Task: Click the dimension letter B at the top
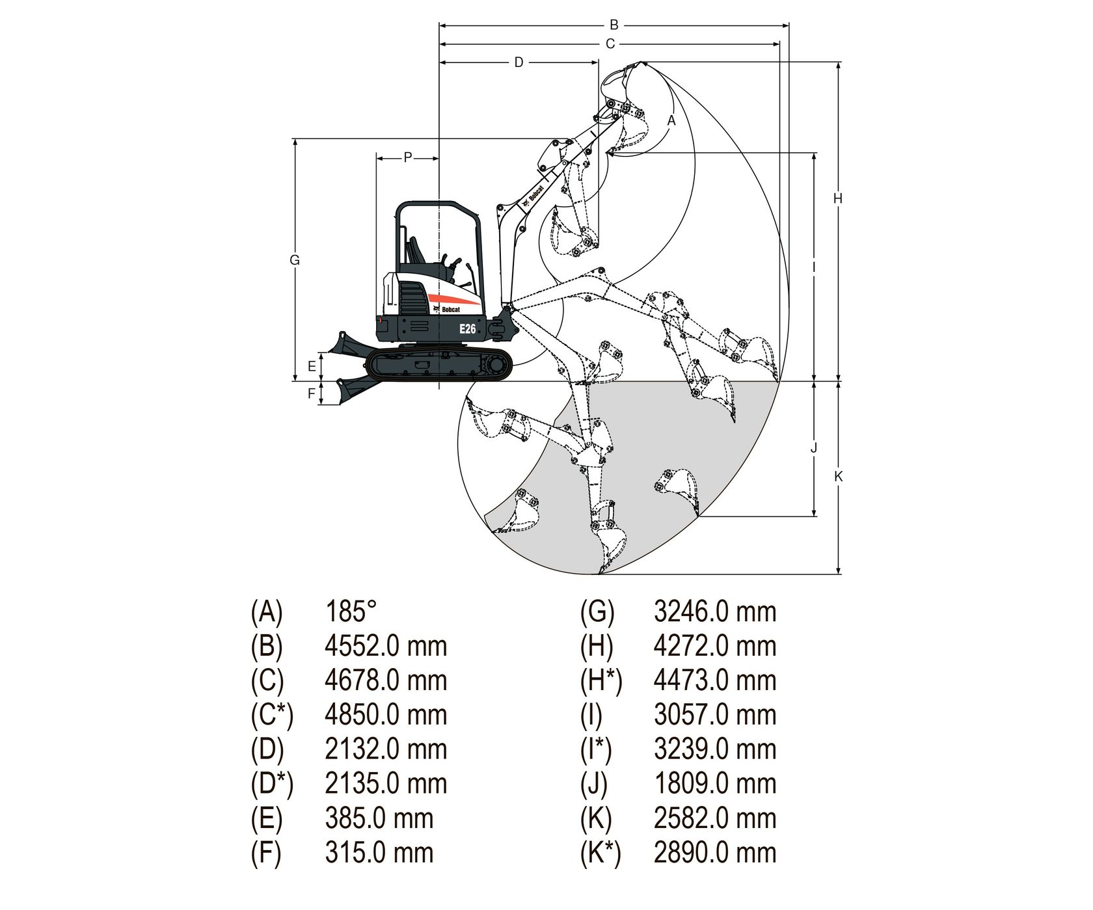(x=614, y=25)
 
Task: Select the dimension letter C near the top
(x=610, y=44)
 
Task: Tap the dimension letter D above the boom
(x=519, y=62)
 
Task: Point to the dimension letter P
(x=408, y=157)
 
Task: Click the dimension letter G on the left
(x=295, y=260)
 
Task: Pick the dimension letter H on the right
(x=838, y=198)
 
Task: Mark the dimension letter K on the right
(x=839, y=477)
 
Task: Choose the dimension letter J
(x=814, y=448)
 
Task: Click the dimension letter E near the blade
(x=312, y=367)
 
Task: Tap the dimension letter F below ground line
(x=312, y=394)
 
